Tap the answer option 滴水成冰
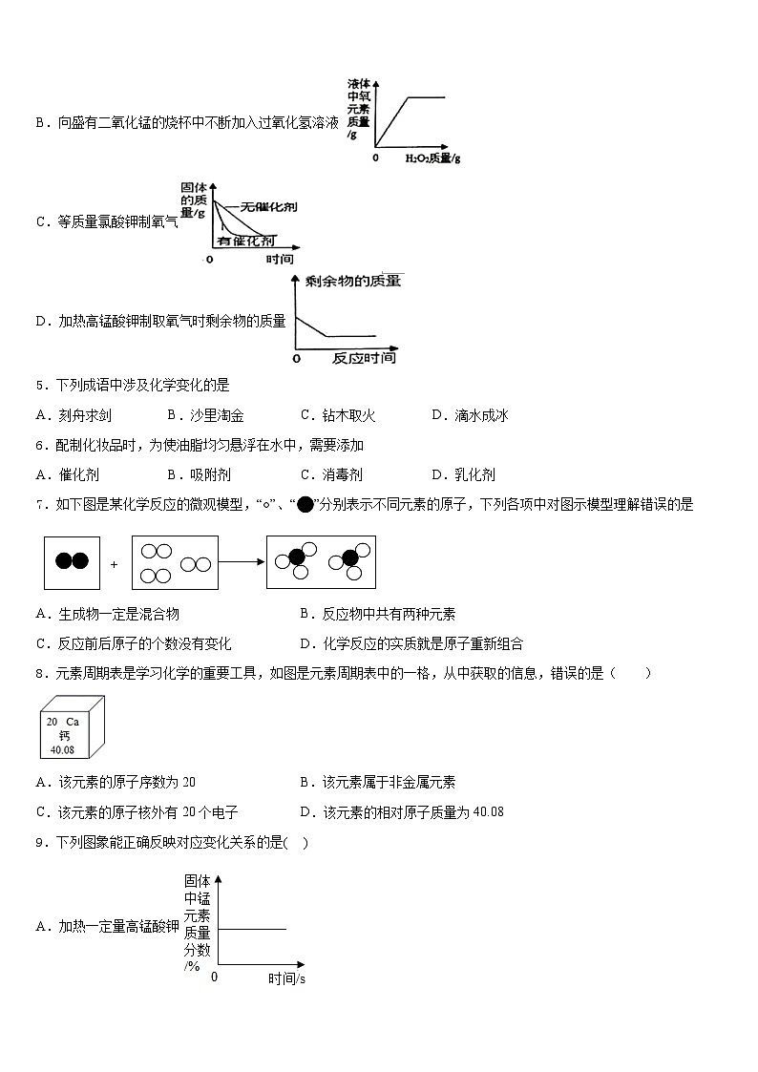[481, 415]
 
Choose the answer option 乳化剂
[475, 474]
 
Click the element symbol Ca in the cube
[73, 723]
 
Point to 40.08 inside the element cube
[62, 749]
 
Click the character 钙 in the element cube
[64, 736]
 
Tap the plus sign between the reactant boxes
[114, 564]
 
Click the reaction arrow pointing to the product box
[242, 562]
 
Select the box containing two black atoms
[72, 562]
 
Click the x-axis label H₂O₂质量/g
[432, 158]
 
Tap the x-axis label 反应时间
[364, 358]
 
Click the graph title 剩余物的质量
[352, 281]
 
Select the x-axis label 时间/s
[286, 978]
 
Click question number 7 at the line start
[39, 505]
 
